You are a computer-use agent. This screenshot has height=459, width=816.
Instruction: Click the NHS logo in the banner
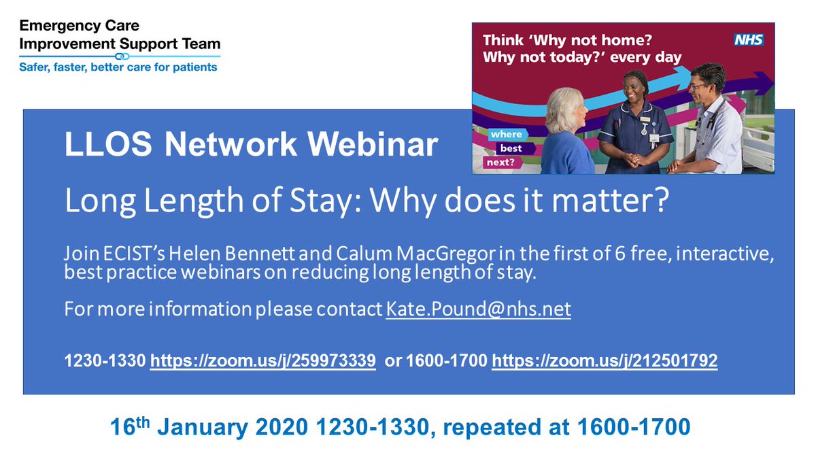(x=748, y=39)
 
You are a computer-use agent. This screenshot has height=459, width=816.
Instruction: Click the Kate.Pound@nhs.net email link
(x=478, y=309)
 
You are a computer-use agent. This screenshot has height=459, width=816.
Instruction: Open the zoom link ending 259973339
(x=263, y=361)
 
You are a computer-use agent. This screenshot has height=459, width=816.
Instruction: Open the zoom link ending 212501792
(x=605, y=361)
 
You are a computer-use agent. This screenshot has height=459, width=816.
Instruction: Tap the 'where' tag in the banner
(x=505, y=134)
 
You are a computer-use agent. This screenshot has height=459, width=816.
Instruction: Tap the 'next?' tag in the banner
(x=500, y=162)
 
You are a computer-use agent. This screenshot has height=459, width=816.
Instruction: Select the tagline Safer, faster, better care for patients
(x=118, y=67)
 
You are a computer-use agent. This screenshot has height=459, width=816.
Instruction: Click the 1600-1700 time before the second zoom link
(x=446, y=361)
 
